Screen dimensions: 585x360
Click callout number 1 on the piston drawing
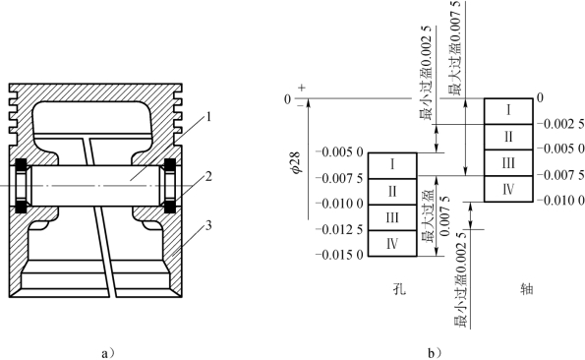point(208,117)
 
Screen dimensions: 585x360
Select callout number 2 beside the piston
point(208,176)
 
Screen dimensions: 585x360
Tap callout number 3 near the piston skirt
point(208,225)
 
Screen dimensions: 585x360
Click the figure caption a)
point(108,353)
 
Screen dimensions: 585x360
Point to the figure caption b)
point(435,353)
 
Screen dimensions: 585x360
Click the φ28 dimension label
point(299,161)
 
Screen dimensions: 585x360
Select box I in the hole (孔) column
point(392,165)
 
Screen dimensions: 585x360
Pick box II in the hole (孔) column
point(392,192)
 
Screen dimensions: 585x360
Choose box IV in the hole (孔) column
point(392,243)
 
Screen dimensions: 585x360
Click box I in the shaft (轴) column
point(508,111)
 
